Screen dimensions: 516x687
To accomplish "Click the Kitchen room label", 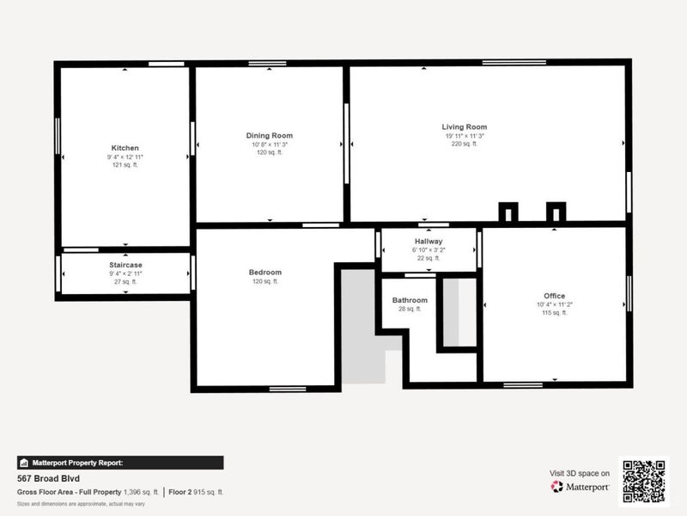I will tap(125, 148).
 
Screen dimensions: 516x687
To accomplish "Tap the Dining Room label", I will tap(270, 136).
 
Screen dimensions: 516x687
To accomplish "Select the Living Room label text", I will tap(465, 127).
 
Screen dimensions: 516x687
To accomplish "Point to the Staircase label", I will tap(125, 264).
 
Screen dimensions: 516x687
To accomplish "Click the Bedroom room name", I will tap(265, 273).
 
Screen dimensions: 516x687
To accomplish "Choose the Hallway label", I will tap(428, 242).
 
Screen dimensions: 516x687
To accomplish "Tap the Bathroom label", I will tap(410, 300).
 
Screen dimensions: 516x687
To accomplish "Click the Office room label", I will tap(554, 296).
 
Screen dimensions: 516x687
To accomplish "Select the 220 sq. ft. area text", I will tap(465, 144).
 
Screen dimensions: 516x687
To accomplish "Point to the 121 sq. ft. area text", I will tap(125, 165).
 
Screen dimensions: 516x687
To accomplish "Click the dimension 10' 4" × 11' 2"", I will tap(554, 304).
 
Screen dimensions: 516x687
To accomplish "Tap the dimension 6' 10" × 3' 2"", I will tap(428, 250).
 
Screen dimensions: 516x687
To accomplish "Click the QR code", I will tap(643, 482).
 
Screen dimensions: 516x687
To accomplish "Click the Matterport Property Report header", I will tap(120, 463).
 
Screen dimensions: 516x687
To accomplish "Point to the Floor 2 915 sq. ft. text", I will tap(196, 492).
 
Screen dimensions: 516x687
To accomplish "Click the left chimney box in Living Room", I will tap(508, 212).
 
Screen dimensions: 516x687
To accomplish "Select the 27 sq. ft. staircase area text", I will tap(125, 281).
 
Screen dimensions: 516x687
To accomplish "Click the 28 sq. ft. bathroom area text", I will tap(410, 309).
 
